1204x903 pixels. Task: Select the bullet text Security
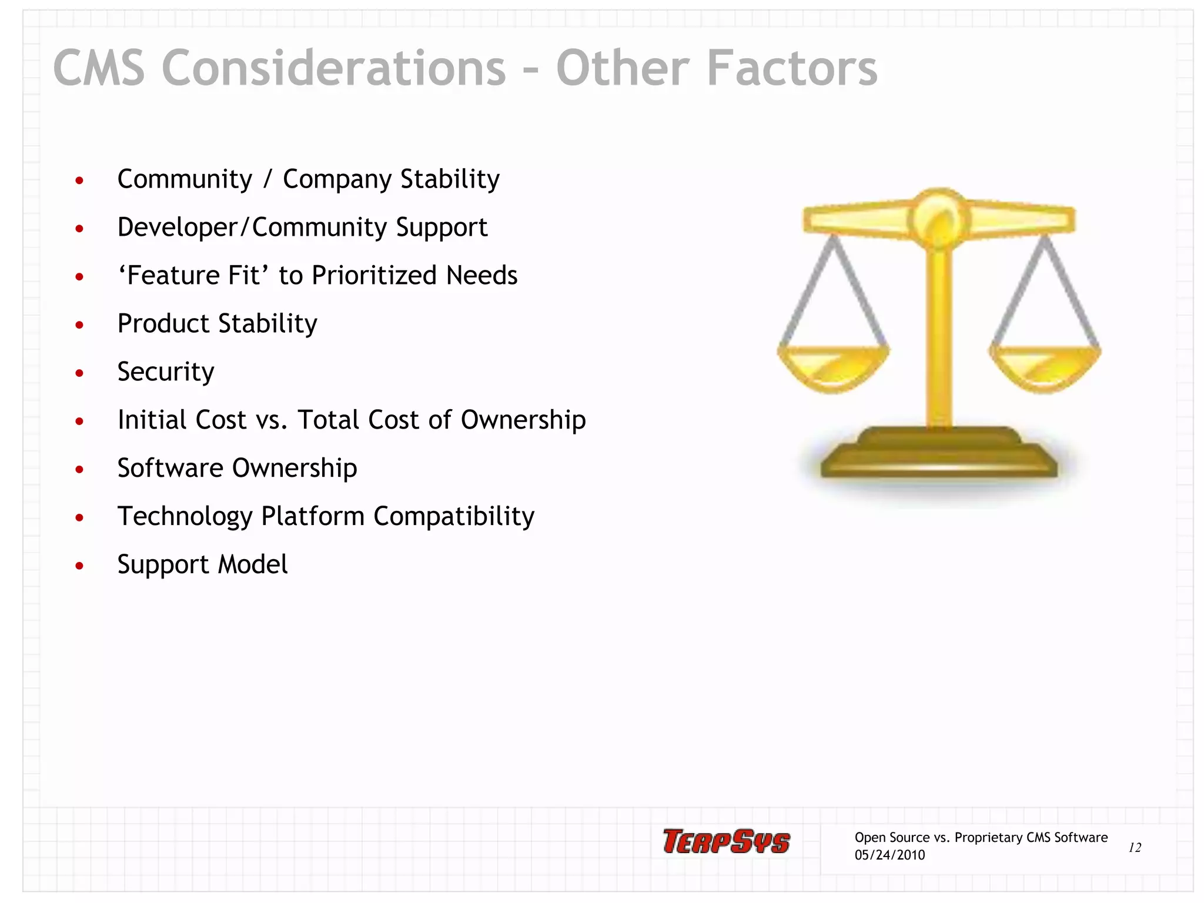(166, 372)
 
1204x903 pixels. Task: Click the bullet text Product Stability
(217, 323)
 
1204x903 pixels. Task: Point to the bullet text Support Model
(202, 564)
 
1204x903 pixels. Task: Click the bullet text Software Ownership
(237, 468)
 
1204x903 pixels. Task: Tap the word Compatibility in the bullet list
(454, 516)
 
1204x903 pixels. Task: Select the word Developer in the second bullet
(177, 228)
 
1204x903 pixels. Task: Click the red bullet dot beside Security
(79, 373)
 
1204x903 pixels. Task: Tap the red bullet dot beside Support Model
(79, 566)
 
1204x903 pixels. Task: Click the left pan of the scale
(833, 367)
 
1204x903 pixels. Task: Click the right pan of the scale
(1045, 367)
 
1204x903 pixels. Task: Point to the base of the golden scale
(939, 456)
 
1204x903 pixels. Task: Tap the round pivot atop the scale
(939, 218)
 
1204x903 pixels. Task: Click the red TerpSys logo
(727, 841)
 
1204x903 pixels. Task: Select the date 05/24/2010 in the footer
(889, 855)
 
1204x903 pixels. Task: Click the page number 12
(1135, 847)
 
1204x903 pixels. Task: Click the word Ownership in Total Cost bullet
(523, 420)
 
